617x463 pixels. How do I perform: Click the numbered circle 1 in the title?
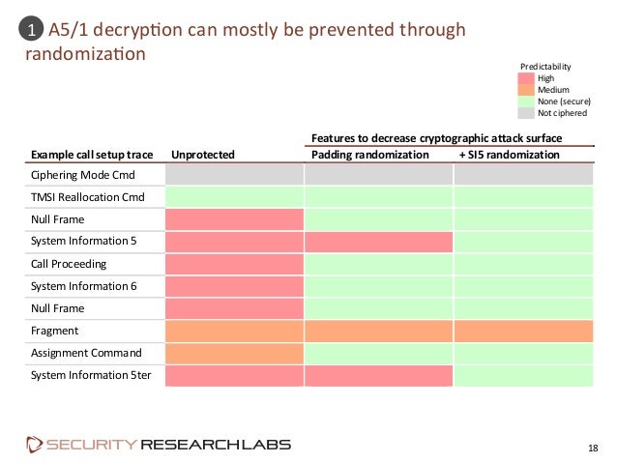point(31,31)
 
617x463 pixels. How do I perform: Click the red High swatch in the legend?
point(526,78)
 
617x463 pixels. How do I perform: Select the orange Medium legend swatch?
point(526,90)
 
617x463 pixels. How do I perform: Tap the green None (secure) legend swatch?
point(526,101)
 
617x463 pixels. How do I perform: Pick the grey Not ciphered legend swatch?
point(526,112)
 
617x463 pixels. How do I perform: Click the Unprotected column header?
point(202,154)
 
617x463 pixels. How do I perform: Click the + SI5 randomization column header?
point(509,154)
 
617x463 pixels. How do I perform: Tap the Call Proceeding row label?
point(69,264)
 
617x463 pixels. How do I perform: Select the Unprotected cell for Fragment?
point(235,331)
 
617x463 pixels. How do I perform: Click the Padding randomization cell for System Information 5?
point(379,242)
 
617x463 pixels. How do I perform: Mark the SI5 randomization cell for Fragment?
point(523,331)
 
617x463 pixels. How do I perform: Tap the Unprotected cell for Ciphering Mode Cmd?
point(235,175)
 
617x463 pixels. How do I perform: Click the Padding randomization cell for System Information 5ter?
point(379,375)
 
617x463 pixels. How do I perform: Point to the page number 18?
point(594,447)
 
